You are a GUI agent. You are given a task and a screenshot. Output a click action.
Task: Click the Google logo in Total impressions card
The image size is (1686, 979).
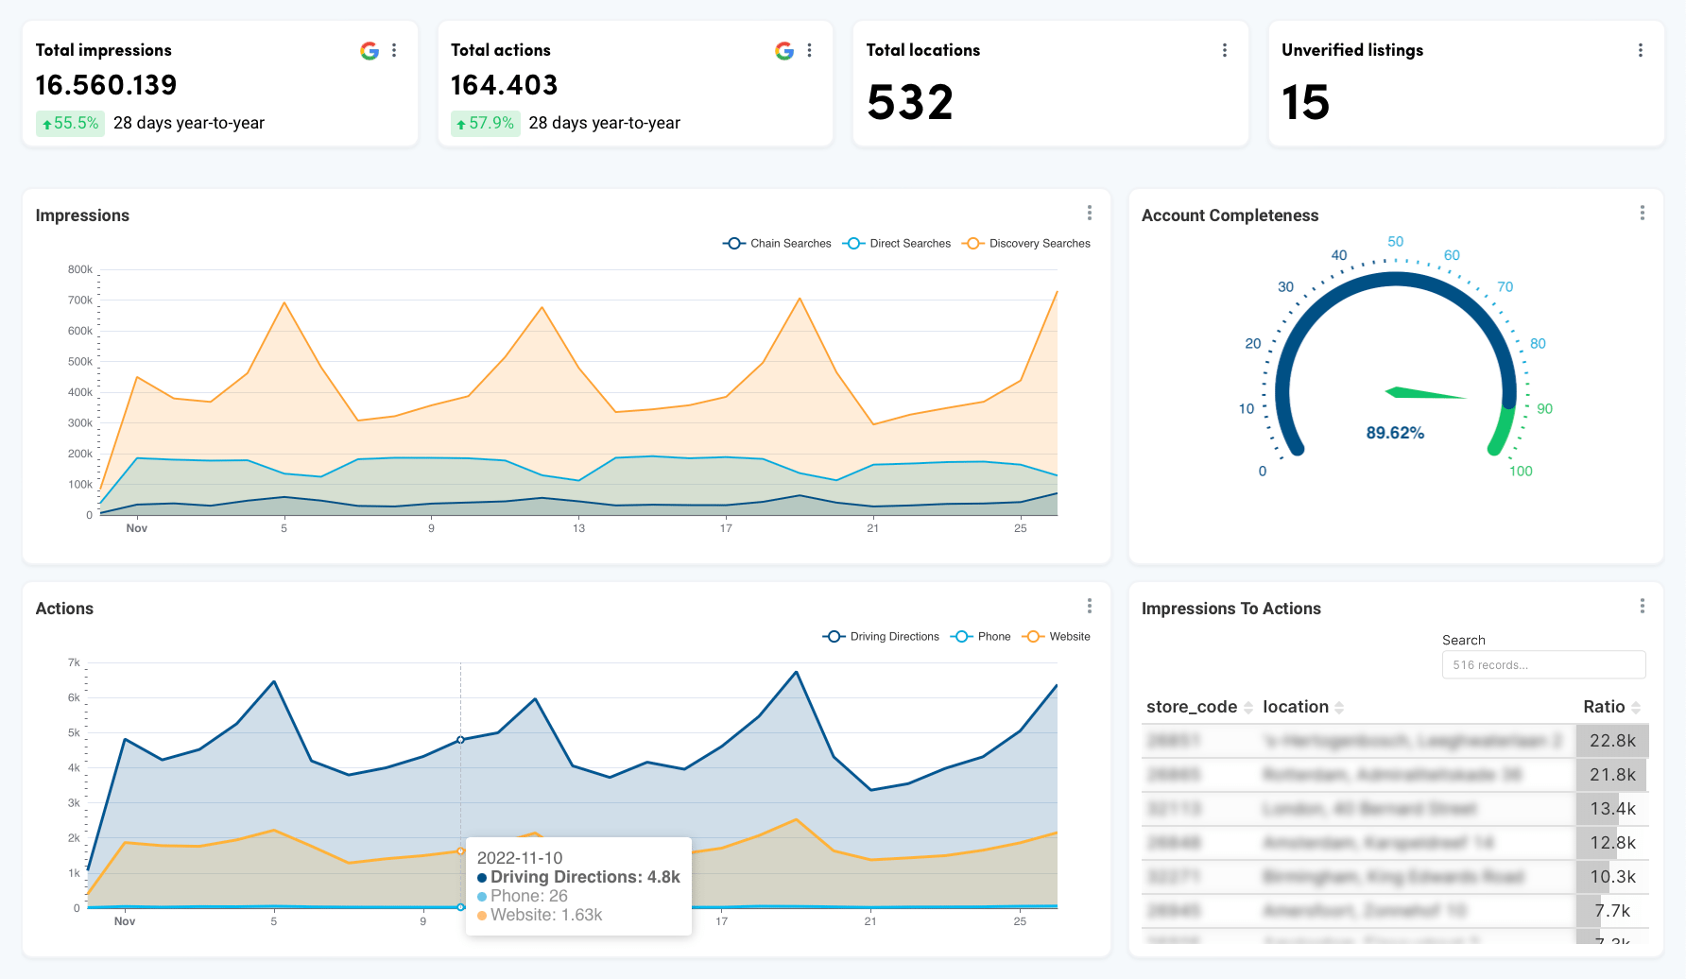[370, 51]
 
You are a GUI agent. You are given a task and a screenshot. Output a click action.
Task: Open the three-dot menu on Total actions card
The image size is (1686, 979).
[810, 51]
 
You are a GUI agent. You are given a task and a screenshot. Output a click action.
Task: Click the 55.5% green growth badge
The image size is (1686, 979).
[71, 124]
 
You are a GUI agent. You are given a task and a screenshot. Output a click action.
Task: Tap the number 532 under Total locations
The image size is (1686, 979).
[910, 103]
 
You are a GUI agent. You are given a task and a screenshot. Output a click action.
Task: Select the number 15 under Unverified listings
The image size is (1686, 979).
[1305, 103]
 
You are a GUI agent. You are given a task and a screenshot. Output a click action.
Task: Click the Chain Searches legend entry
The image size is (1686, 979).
[778, 244]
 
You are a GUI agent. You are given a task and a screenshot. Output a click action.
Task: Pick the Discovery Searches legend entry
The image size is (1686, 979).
[1027, 244]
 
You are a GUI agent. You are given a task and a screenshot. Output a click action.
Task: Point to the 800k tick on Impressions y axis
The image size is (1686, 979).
[80, 270]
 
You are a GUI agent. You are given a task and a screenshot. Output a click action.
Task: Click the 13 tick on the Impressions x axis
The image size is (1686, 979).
[578, 528]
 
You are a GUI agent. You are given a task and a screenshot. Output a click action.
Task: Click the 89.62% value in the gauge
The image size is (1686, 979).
[1395, 433]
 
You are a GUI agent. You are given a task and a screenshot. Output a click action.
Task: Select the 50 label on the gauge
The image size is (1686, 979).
[1395, 242]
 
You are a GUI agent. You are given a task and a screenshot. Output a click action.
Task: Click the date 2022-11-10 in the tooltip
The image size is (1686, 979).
[520, 858]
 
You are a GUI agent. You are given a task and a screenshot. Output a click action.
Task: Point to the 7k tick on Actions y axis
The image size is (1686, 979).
[74, 663]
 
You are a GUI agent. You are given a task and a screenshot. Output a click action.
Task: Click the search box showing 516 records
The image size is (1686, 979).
[1543, 665]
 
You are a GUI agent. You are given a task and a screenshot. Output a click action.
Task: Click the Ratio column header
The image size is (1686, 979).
[1604, 707]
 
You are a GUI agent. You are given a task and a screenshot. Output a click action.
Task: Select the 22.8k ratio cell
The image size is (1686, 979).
[1612, 741]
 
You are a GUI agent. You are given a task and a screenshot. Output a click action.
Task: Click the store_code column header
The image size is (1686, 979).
[1192, 707]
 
